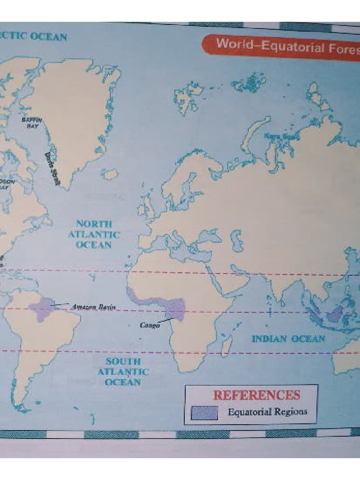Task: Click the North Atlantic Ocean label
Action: tap(94, 234)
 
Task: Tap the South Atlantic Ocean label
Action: tap(123, 372)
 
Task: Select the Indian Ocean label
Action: tap(288, 338)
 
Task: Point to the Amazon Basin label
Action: tap(93, 307)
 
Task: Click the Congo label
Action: tap(150, 324)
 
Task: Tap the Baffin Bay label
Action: tap(32, 123)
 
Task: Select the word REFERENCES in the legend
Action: tap(256, 395)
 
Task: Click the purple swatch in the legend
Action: tap(204, 412)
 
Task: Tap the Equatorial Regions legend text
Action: tap(268, 412)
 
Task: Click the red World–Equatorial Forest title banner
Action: tap(281, 47)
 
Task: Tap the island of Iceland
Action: tap(110, 174)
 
